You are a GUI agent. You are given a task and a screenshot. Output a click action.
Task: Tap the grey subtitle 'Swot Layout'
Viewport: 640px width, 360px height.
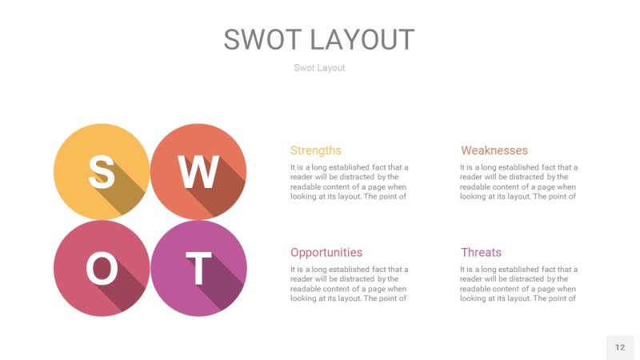tap(319, 68)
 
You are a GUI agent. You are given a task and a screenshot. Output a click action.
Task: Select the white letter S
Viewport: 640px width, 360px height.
tap(101, 170)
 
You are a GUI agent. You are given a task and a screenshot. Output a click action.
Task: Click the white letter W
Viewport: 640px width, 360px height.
tap(198, 170)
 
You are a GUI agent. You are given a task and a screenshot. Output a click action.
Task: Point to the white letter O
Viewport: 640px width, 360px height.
tap(102, 269)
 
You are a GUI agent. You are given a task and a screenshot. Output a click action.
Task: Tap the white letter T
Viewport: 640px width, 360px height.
tap(198, 269)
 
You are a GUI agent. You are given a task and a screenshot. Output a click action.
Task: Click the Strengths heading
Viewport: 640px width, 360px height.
tap(315, 150)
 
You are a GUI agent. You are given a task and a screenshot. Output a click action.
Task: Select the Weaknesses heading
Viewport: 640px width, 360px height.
tap(494, 150)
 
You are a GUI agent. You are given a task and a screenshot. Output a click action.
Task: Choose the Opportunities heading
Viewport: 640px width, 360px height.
tap(326, 252)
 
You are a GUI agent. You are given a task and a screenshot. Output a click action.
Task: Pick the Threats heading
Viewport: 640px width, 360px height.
tap(481, 252)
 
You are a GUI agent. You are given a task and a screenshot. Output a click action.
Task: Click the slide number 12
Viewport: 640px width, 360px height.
tap(620, 347)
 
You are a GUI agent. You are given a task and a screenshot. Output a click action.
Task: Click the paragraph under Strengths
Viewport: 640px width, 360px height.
tap(349, 182)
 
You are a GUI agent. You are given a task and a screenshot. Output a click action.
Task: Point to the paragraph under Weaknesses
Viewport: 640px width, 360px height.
tap(518, 182)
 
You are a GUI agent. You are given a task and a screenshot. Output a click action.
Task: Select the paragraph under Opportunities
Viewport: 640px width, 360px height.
tap(349, 284)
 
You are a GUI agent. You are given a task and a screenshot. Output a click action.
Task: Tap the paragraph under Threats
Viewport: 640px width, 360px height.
tap(518, 284)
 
